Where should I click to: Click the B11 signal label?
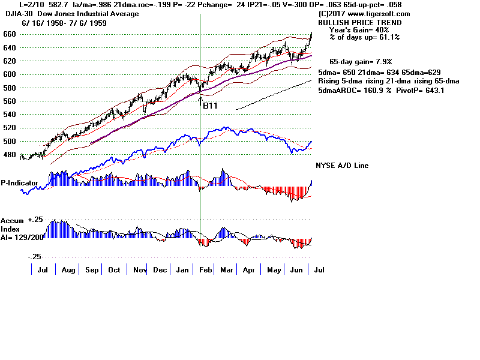(210, 106)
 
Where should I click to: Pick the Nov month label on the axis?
(140, 271)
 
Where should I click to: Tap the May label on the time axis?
(274, 271)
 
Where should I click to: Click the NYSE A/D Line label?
(342, 166)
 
